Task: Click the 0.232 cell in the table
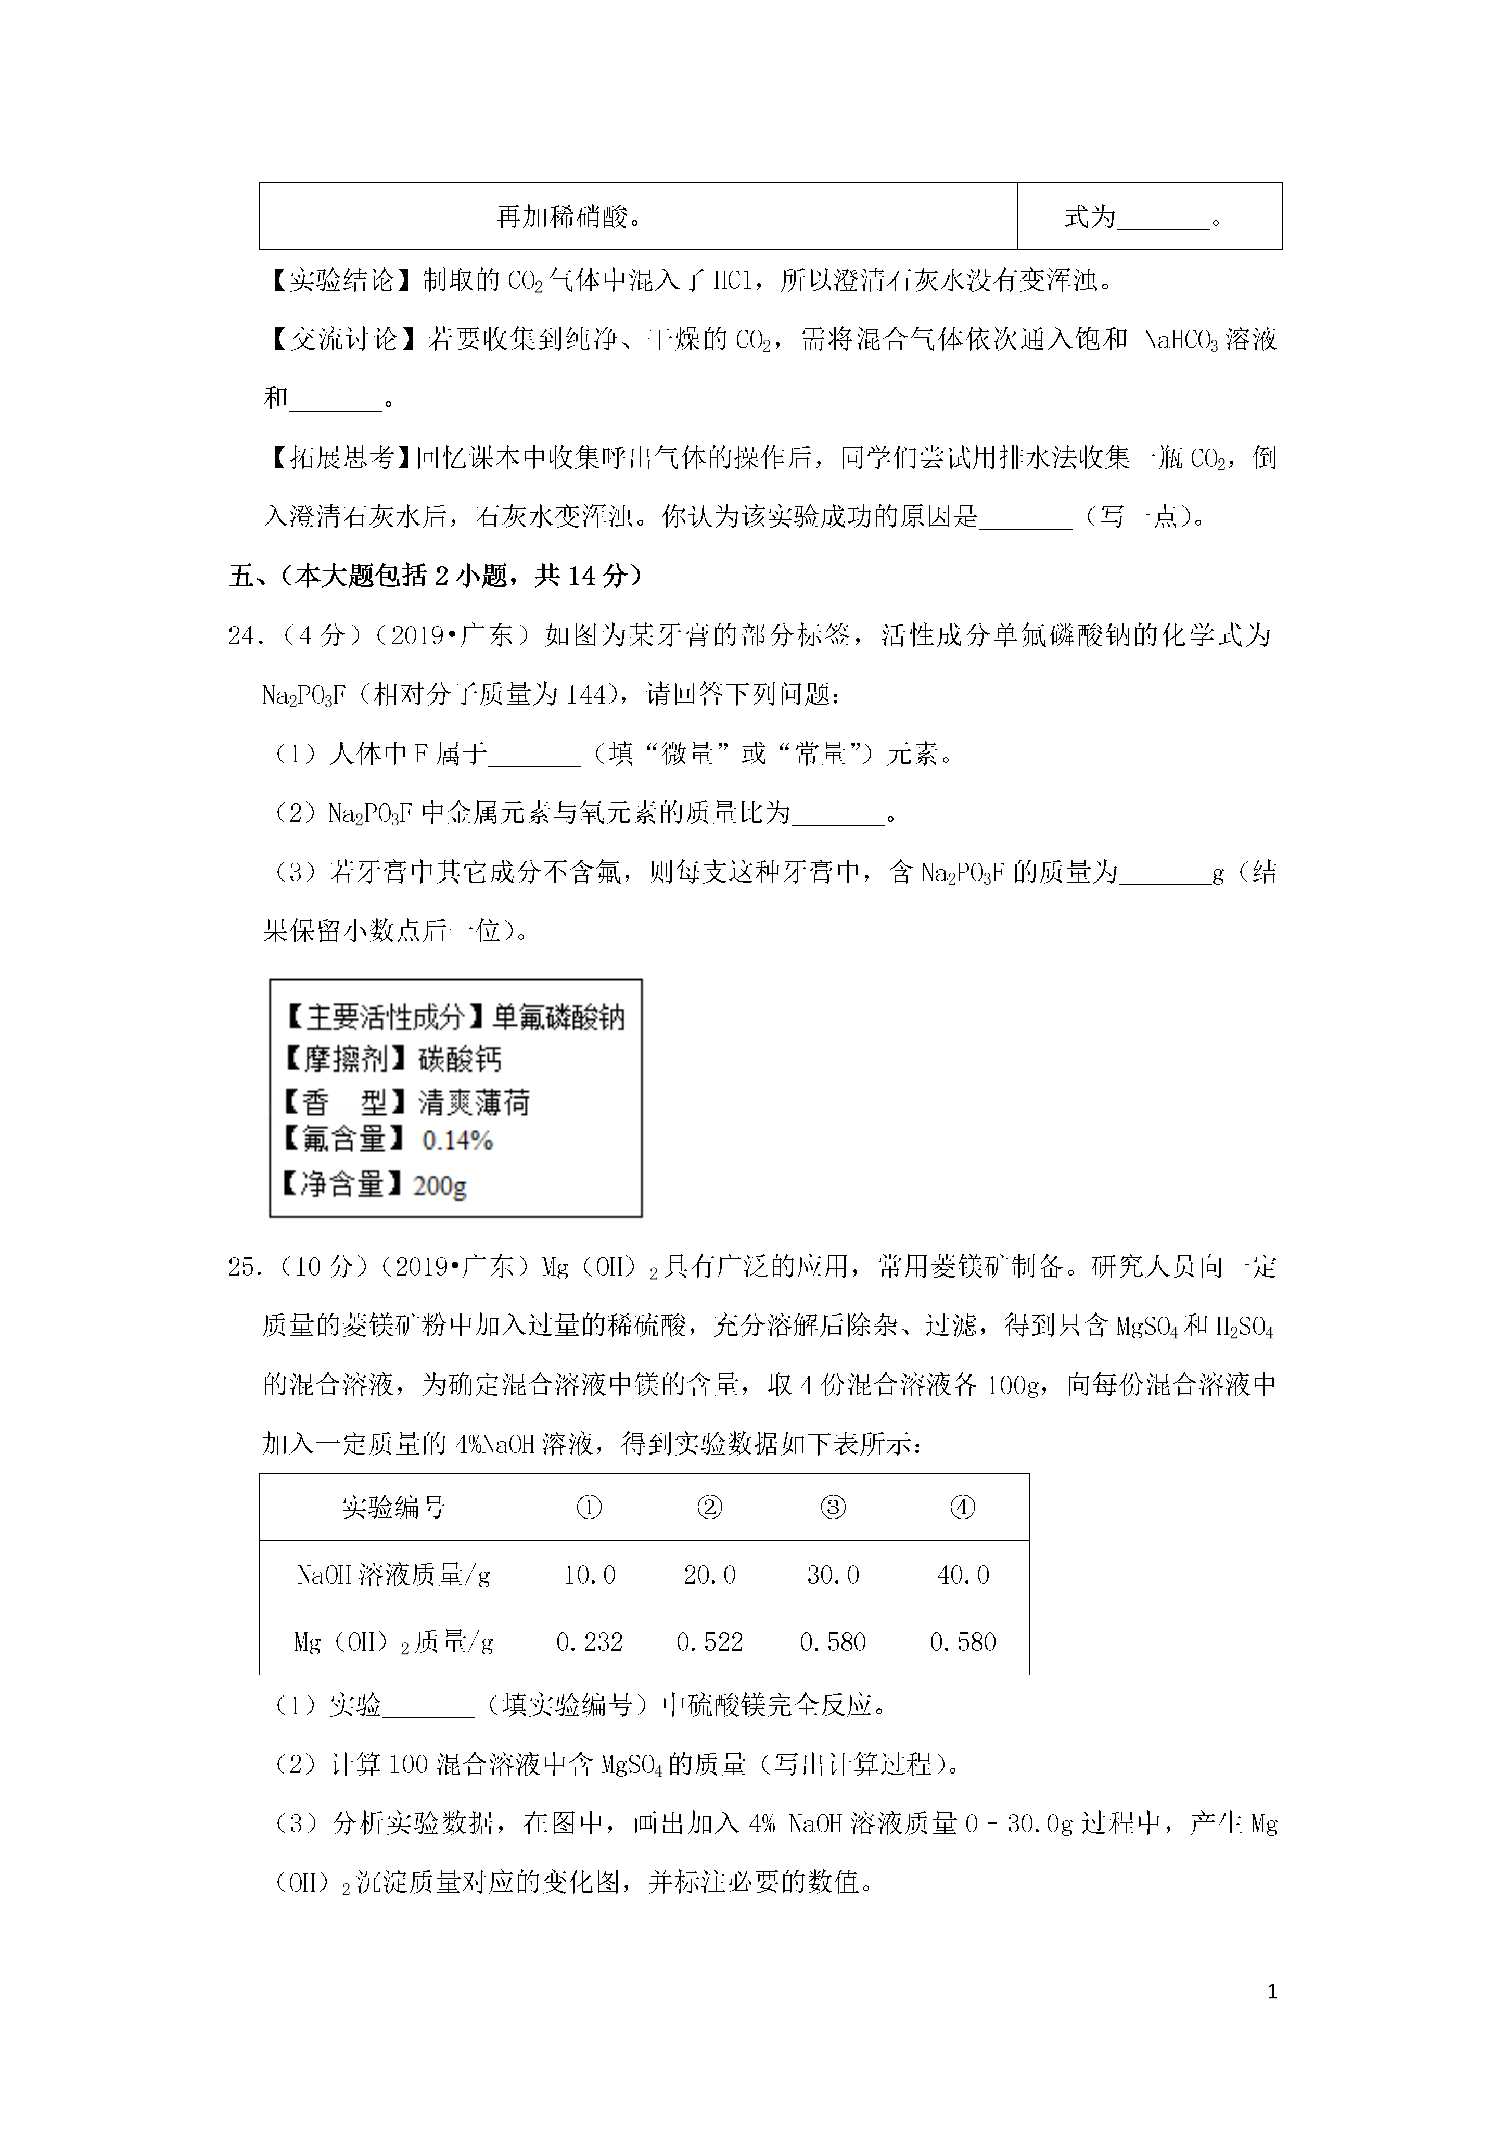pos(589,1642)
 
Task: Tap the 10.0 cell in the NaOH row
pos(589,1574)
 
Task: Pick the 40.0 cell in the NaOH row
pos(962,1574)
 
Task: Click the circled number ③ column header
pos(832,1508)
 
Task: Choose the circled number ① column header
pos(589,1508)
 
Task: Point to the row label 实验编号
pos(393,1508)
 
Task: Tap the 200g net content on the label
pos(439,1184)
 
